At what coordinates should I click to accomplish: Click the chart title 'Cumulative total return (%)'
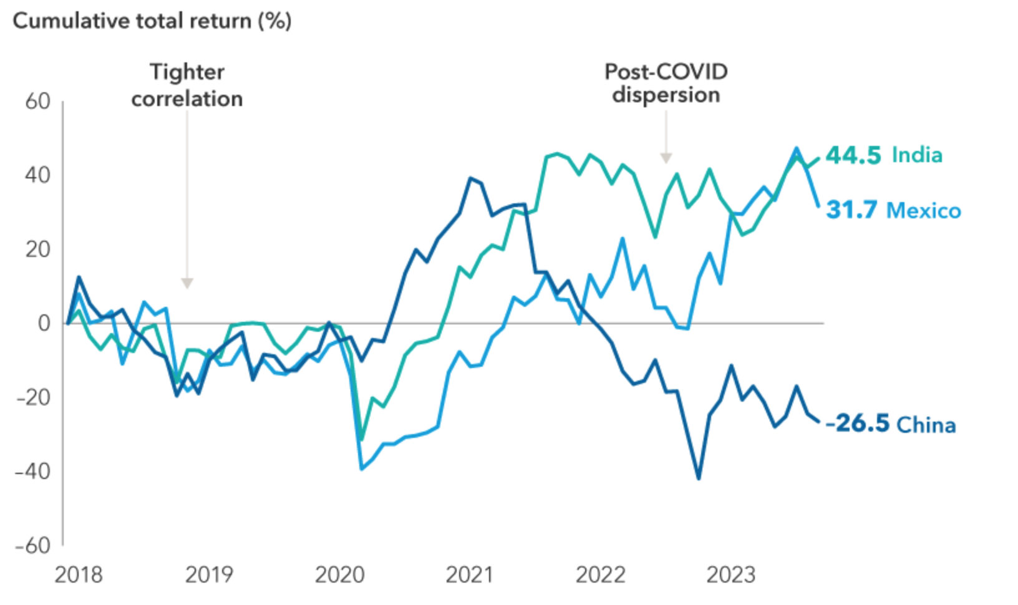pyautogui.click(x=152, y=21)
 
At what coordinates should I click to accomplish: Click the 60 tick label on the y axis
pyautogui.click(x=37, y=102)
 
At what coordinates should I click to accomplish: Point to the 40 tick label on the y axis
pyautogui.click(x=37, y=175)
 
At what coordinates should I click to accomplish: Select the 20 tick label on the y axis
pyautogui.click(x=37, y=249)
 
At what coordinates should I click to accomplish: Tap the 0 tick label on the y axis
pyautogui.click(x=44, y=323)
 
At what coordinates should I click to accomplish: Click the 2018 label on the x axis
pyautogui.click(x=79, y=574)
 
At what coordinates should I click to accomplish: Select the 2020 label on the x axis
pyautogui.click(x=339, y=574)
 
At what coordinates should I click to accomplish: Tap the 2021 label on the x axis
pyautogui.click(x=469, y=574)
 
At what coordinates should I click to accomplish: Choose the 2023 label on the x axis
pyautogui.click(x=730, y=574)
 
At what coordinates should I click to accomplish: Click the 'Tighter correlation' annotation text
pyautogui.click(x=187, y=85)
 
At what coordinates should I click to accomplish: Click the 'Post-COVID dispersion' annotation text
pyautogui.click(x=666, y=83)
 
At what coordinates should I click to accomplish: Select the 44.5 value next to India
pyautogui.click(x=853, y=155)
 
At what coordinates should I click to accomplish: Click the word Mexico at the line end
pyautogui.click(x=924, y=211)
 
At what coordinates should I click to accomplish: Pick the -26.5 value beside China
pyautogui.click(x=858, y=423)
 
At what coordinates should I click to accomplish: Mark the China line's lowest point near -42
pyautogui.click(x=698, y=478)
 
